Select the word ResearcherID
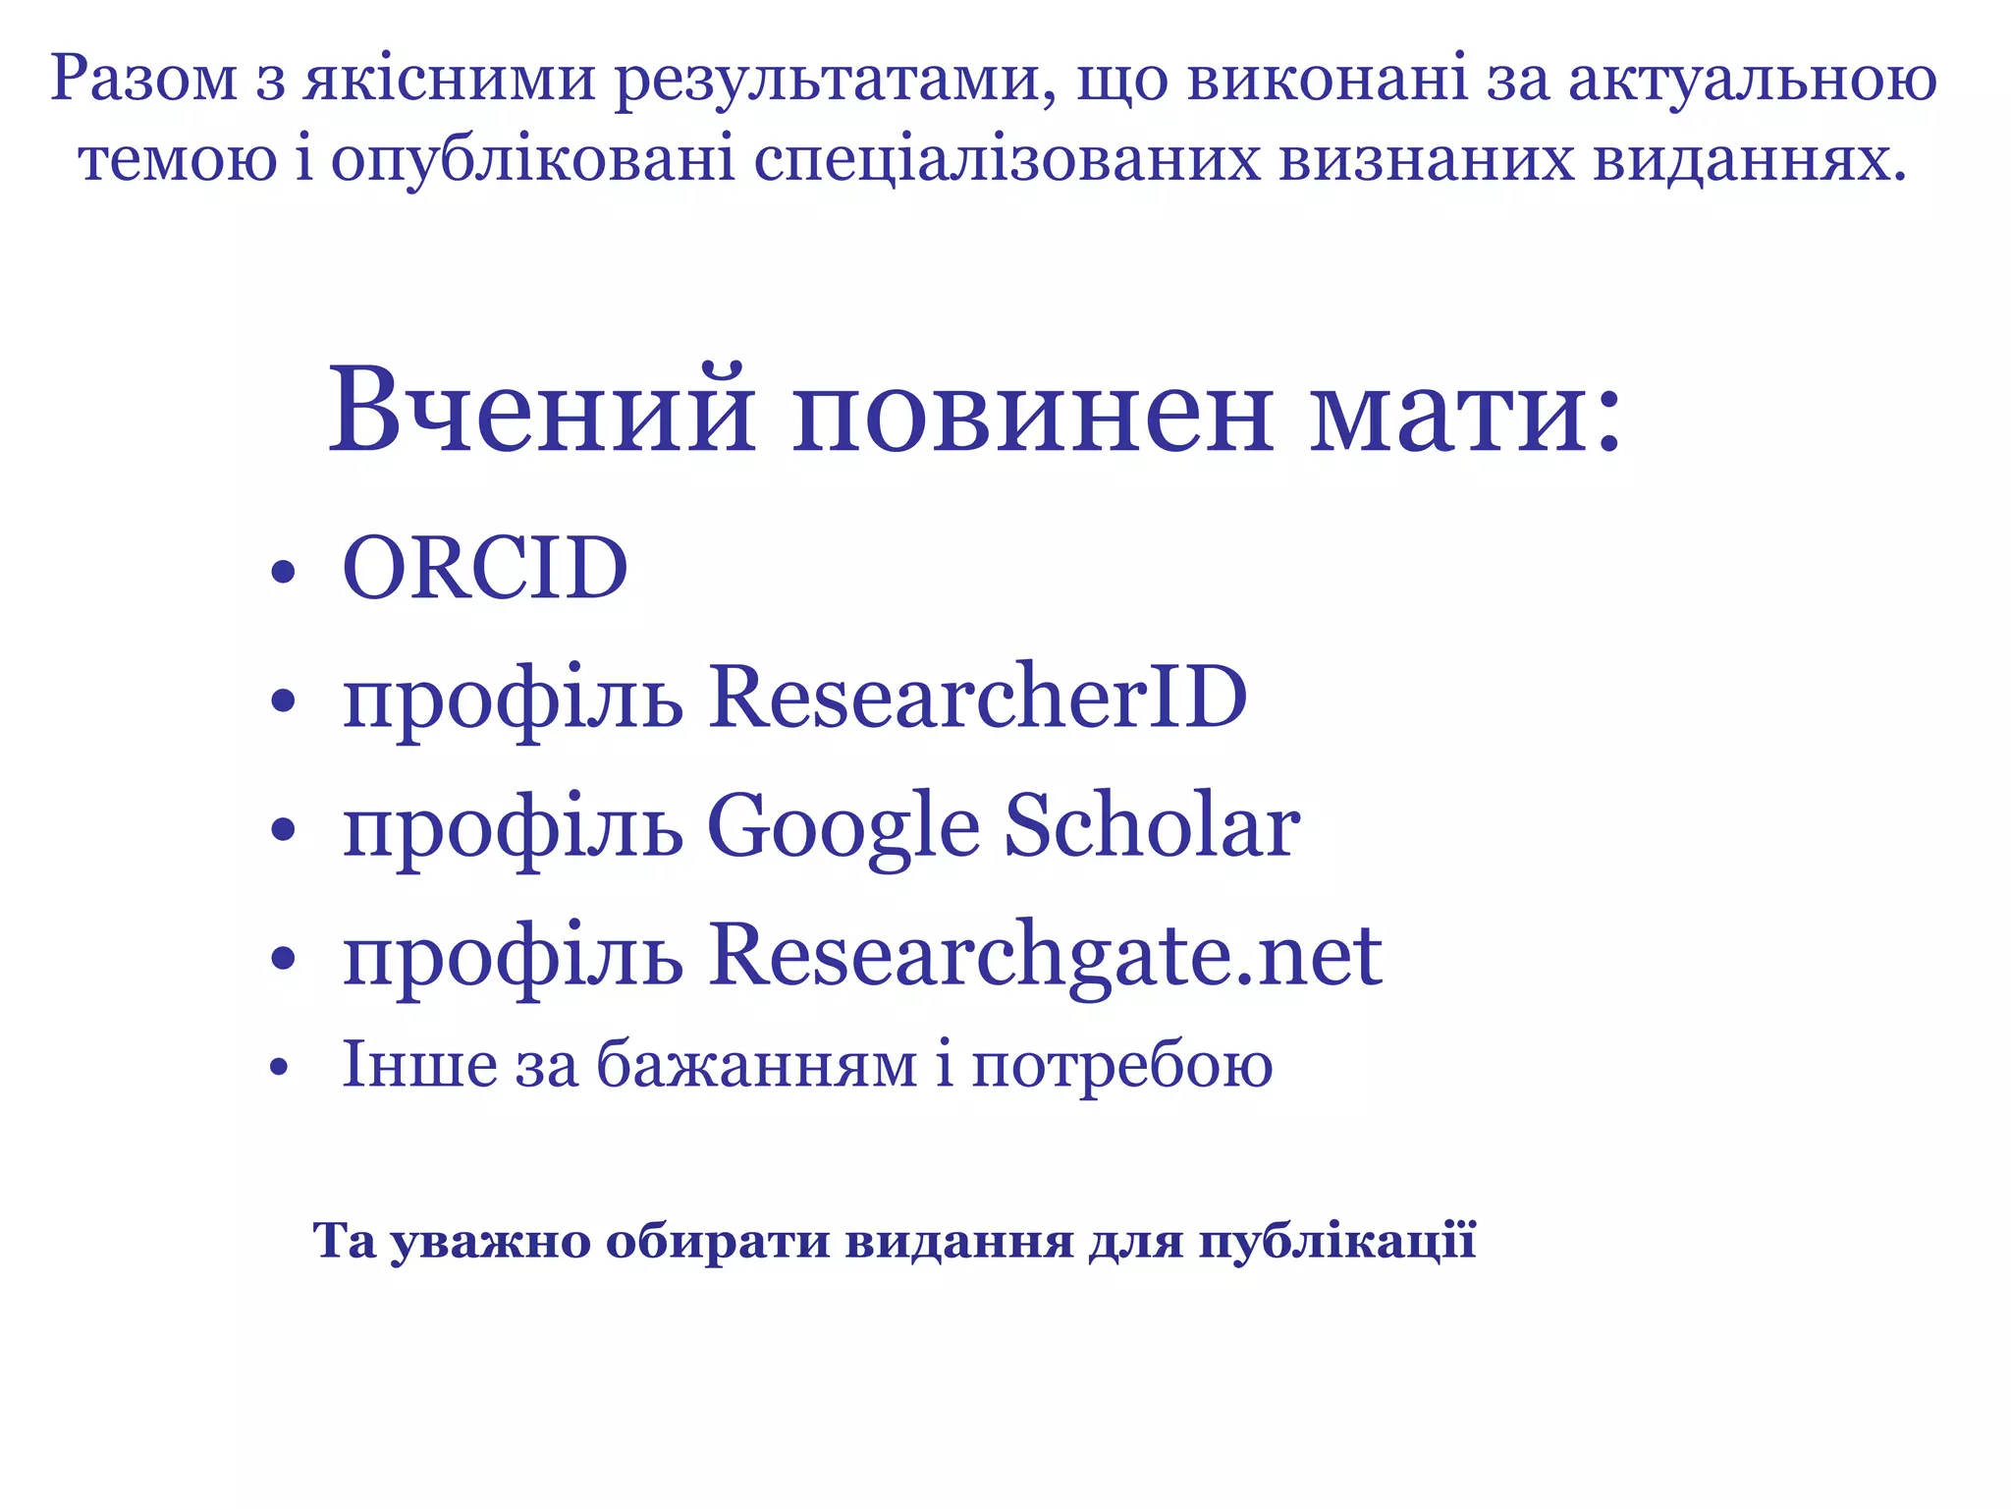[977, 697]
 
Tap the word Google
[842, 826]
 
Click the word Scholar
[1152, 826]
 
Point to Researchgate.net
[1045, 955]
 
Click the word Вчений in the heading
[541, 410]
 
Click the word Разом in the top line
[143, 79]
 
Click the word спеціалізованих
[1006, 161]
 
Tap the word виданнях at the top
[1749, 159]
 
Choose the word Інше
[419, 1064]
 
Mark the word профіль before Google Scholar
[513, 828]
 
